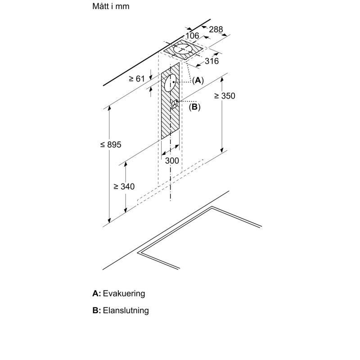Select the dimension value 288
(216, 30)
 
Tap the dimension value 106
(192, 36)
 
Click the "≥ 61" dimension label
(137, 79)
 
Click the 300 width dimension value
(172, 161)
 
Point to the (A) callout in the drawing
(198, 81)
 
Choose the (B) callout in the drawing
(194, 107)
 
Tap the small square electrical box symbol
(175, 104)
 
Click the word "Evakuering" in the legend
(124, 293)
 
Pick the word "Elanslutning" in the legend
(126, 310)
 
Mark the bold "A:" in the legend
(96, 293)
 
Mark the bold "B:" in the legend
(96, 310)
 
